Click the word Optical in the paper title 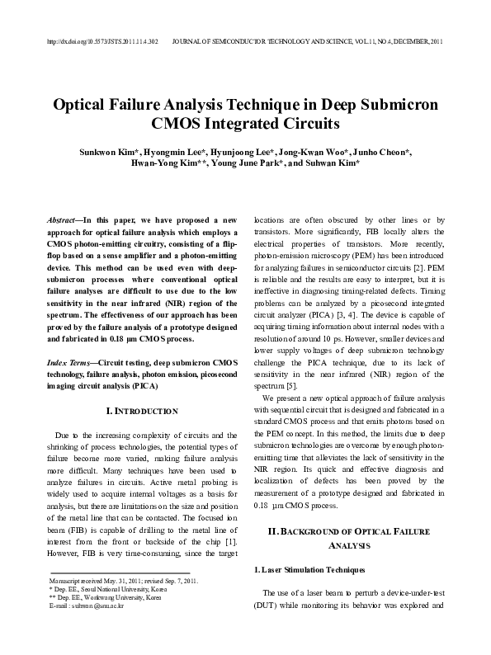(87, 106)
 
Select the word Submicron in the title (391, 106)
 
